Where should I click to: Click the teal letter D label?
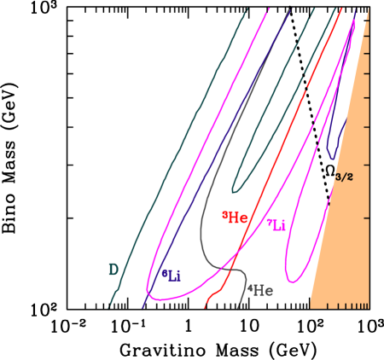pos(113,270)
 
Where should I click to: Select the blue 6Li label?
pos(172,275)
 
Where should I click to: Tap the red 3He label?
pos(235,218)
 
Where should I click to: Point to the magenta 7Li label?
pos(276,225)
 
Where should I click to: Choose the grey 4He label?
pos(260,290)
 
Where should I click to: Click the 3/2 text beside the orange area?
pos(344,177)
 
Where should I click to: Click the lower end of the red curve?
pos(205,307)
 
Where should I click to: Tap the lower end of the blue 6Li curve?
pos(141,307)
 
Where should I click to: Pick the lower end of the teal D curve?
pos(109,306)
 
